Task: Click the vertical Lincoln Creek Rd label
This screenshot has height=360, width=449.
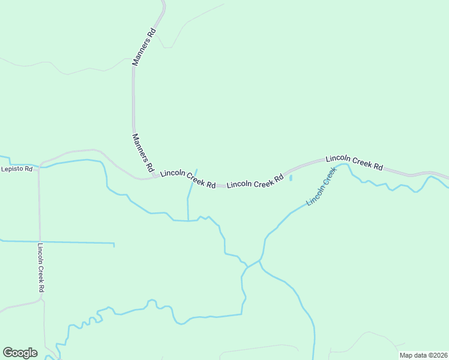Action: (x=41, y=267)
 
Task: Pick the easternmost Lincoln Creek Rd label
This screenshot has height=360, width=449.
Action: (x=354, y=163)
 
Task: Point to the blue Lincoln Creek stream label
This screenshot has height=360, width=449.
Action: (x=321, y=187)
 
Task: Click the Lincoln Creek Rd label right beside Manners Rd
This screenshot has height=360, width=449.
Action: (x=188, y=179)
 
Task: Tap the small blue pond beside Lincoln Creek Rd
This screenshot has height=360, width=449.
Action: (x=291, y=178)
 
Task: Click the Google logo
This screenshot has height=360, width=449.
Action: (x=20, y=353)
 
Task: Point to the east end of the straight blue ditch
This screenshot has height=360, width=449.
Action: (x=114, y=244)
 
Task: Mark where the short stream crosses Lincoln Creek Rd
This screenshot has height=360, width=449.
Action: (x=192, y=182)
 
